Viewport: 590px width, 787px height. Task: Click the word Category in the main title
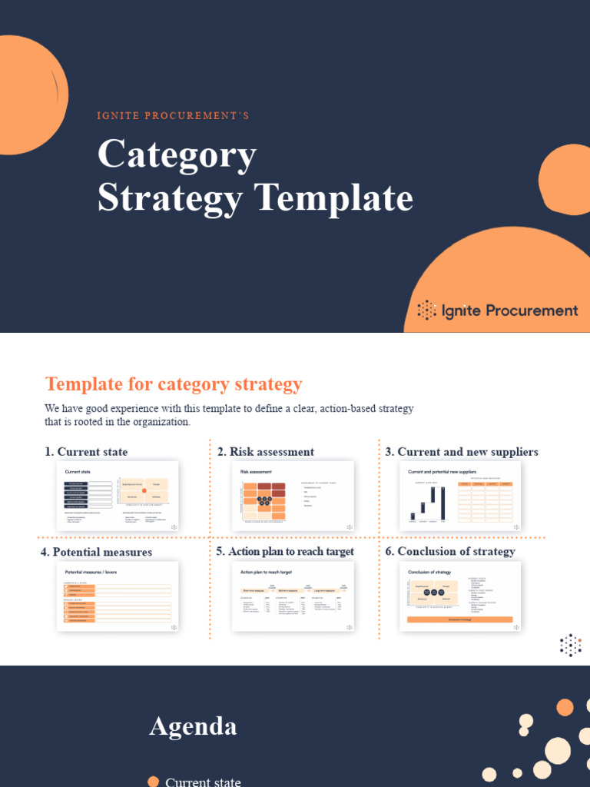177,156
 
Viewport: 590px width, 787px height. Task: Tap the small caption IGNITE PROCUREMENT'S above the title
173,116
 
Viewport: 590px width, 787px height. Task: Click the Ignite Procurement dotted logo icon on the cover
426,310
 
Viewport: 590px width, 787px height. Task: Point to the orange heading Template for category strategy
174,384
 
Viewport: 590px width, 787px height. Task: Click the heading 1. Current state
86,452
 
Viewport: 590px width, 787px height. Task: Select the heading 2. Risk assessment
266,452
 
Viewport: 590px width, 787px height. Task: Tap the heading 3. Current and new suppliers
462,452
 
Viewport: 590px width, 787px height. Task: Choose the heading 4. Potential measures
96,552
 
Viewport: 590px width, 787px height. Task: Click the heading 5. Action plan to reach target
285,552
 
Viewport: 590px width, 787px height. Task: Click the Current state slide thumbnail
118,496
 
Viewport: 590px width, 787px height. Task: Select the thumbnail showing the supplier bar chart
460,496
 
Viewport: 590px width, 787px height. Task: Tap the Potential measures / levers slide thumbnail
118,596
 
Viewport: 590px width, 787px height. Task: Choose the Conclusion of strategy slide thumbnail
460,596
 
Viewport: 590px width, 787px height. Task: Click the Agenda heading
193,726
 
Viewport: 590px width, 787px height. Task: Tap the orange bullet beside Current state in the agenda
154,782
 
